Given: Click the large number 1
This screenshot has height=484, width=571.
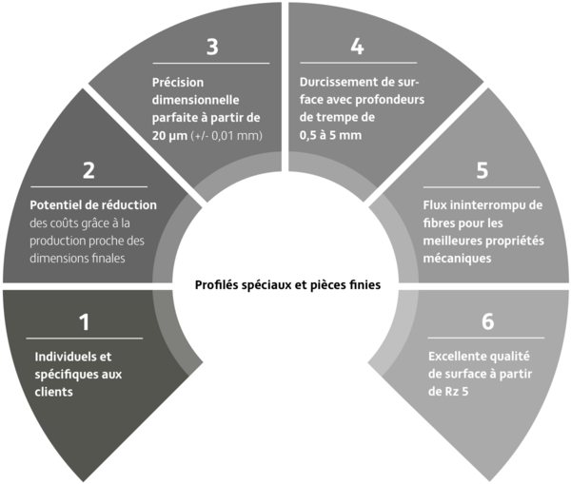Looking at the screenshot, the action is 85,322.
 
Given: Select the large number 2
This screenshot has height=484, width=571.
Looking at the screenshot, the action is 89,170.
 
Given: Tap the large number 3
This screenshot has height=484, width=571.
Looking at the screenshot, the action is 212,47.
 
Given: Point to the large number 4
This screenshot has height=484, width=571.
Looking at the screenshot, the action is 357,47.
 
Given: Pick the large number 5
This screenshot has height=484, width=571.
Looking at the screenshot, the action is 482,170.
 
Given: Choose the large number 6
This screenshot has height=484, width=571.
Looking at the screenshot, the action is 487,321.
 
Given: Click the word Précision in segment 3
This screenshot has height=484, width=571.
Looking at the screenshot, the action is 178,82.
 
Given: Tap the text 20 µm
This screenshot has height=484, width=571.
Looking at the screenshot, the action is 169,136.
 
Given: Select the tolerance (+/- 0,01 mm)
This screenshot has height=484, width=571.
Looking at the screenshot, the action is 226,136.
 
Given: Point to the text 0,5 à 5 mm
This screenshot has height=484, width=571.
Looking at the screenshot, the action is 330,135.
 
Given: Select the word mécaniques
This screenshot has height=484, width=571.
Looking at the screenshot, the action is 457,259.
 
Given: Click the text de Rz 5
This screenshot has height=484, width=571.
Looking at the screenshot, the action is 448,392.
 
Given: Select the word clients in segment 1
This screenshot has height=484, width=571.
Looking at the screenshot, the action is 54,392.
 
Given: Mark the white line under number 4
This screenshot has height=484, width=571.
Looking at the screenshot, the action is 359,63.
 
